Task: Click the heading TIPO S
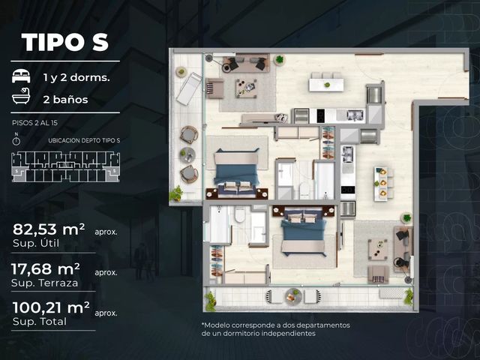click(65, 42)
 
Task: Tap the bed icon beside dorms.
click(21, 76)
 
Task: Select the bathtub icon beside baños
click(21, 96)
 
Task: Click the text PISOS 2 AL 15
click(34, 123)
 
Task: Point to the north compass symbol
click(16, 139)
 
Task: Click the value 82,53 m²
click(49, 229)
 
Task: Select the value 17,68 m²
click(46, 269)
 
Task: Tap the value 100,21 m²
click(51, 307)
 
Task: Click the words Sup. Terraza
click(45, 283)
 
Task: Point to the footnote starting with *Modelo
click(275, 329)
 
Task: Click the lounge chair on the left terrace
click(188, 88)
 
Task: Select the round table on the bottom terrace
click(294, 296)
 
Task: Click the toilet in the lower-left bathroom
click(240, 214)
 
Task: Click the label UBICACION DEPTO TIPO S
click(84, 141)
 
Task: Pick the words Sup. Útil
click(36, 244)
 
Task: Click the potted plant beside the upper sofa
click(280, 59)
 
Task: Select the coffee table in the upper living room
click(247, 88)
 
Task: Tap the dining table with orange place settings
click(383, 183)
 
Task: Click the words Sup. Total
click(40, 322)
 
